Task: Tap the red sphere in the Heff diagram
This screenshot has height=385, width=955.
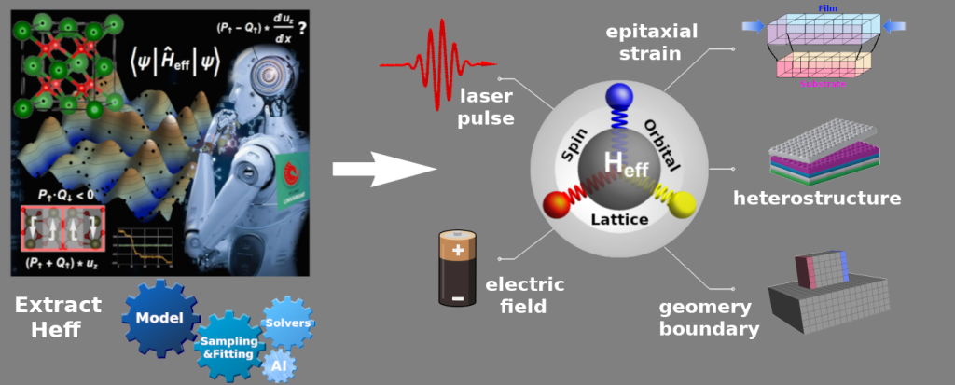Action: click(x=556, y=202)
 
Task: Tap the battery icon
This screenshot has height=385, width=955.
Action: click(x=458, y=268)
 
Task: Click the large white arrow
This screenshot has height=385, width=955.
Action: click(x=382, y=169)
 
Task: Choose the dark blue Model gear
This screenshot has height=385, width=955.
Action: click(x=159, y=318)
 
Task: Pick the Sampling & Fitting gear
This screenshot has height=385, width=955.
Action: click(x=227, y=347)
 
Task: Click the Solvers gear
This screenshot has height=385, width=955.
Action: click(x=287, y=322)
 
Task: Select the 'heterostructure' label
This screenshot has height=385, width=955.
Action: click(x=817, y=198)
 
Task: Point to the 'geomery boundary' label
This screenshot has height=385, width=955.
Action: click(x=709, y=318)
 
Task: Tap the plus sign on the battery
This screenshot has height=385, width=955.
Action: click(x=457, y=250)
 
